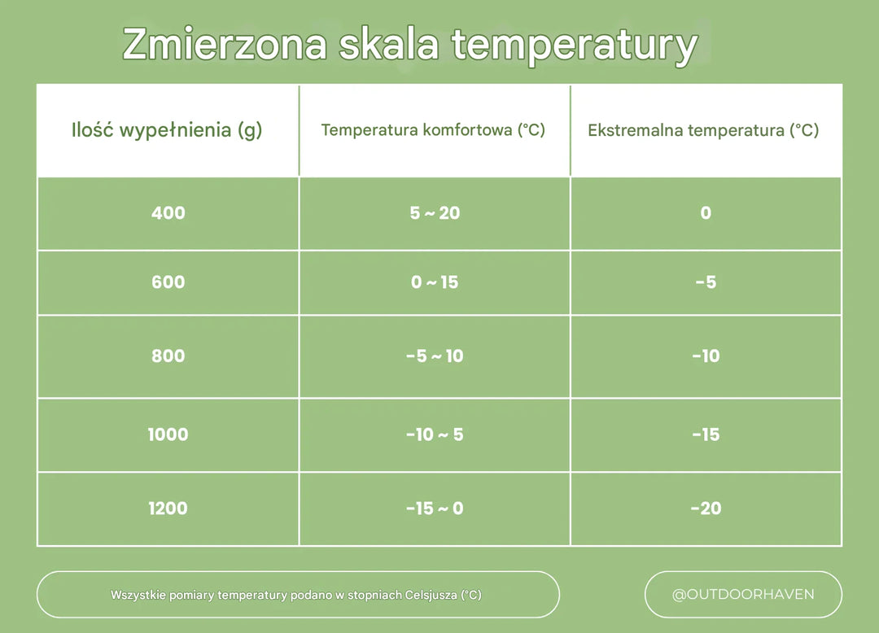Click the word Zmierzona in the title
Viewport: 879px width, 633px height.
coord(225,45)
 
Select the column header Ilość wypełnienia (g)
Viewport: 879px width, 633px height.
coord(167,130)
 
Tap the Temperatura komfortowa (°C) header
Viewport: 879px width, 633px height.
coord(433,130)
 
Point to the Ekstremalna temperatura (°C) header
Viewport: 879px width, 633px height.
coord(703,130)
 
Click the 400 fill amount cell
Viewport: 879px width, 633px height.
coord(168,213)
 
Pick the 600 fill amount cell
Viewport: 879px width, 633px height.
coord(168,282)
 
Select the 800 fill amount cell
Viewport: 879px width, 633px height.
coord(168,356)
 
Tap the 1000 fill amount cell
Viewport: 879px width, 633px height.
coord(168,434)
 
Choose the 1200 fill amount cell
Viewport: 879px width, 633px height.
coord(168,509)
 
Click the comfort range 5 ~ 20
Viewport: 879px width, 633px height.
coord(435,213)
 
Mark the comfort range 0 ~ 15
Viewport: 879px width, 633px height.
coord(435,282)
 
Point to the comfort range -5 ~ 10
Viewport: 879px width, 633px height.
coord(435,356)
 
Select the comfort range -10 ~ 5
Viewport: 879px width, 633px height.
coord(435,434)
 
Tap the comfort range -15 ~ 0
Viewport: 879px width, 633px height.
coord(435,509)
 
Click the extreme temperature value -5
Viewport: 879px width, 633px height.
coord(706,282)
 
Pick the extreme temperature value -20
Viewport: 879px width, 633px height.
coord(706,509)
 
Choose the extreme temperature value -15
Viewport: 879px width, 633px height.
coord(706,434)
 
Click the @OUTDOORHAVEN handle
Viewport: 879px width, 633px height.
coord(743,594)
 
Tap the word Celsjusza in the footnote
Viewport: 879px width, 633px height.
coord(431,595)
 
